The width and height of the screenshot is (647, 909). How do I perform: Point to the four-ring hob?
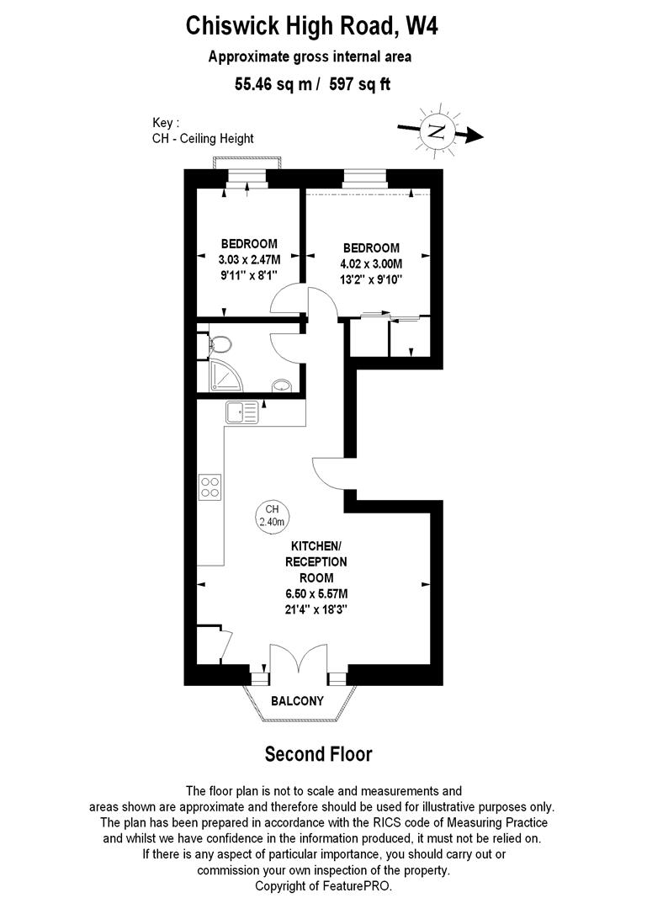pos(210,486)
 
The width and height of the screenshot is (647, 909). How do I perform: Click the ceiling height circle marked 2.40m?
pos(272,516)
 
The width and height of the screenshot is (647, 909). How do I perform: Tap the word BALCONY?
pos(297,701)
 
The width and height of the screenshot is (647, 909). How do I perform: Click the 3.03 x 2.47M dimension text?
pos(247,260)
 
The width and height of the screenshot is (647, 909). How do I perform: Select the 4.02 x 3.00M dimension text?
pos(371,263)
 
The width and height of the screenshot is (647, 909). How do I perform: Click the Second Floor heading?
pos(318,753)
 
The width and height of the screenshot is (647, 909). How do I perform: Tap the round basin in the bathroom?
pos(283,385)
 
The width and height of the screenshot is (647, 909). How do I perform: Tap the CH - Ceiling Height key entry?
pos(203,138)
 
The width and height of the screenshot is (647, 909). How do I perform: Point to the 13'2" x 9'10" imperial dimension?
pos(371,279)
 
